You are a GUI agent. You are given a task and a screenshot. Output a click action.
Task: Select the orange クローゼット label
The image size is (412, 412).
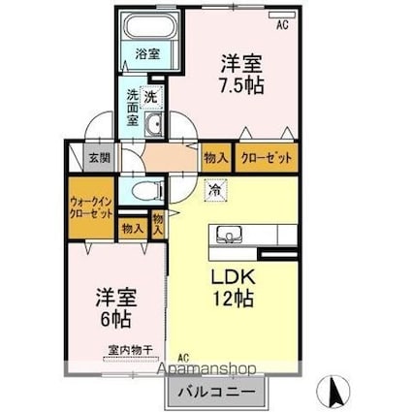(x=263, y=158)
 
